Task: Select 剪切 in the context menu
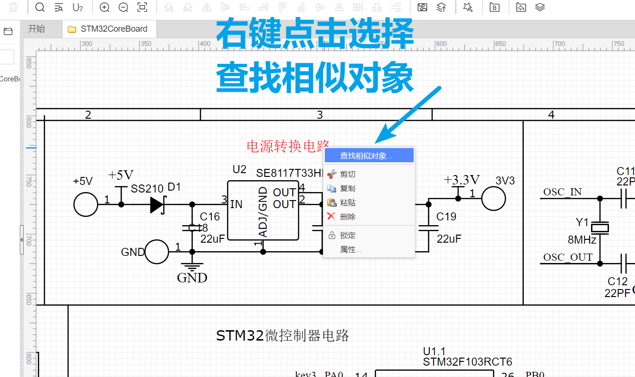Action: (348, 175)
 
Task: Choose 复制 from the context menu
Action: (348, 188)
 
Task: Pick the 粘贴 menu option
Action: (348, 203)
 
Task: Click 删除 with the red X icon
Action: (348, 217)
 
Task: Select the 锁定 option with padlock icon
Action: (348, 236)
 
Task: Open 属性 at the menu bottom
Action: (350, 250)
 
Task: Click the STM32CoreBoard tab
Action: (113, 29)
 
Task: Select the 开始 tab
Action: (36, 29)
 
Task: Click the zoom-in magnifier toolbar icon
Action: (104, 7)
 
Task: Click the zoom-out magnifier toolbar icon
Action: (123, 7)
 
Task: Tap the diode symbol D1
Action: (157, 204)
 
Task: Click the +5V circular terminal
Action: (86, 204)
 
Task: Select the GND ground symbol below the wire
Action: (192, 268)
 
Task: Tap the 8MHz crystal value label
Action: (582, 240)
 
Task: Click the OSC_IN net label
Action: (562, 192)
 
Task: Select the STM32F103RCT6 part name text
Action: (467, 362)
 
